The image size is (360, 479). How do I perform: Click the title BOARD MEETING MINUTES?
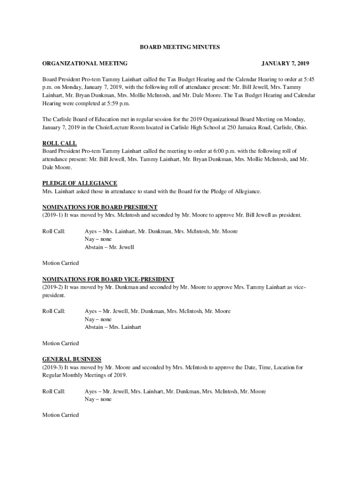coord(180,47)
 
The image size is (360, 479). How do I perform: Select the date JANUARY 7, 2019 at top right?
coord(285,64)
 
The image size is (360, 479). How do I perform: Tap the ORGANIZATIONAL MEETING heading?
coord(85,64)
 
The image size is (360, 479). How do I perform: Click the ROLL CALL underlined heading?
coord(59,143)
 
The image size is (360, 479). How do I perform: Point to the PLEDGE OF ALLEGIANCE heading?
coord(80,183)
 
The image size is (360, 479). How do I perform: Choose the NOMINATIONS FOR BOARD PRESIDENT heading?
coord(100,207)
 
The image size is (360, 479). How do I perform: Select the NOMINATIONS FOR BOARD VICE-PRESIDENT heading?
coord(108,279)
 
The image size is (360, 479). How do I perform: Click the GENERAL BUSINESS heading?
coord(72,359)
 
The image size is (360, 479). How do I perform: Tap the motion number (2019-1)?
coord(52,215)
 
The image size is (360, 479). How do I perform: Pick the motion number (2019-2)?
coord(52,287)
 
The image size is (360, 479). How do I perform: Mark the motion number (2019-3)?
coord(52,368)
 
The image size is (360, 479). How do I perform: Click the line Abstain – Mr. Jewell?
coord(109,247)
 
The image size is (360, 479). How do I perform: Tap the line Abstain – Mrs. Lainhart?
coord(113,327)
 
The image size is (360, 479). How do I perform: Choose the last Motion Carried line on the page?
coord(61,415)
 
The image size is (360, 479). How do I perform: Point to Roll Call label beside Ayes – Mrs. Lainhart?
coord(54,231)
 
